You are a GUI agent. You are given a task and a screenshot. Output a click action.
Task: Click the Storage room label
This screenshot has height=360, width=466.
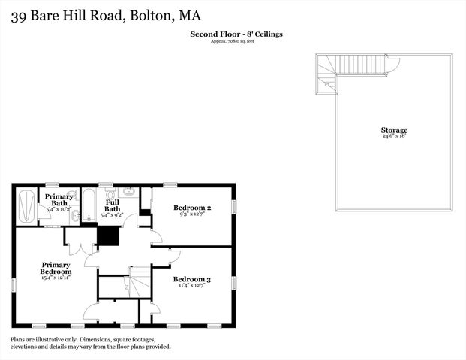pos(393,130)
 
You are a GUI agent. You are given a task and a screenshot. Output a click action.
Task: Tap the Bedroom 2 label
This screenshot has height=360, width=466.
pos(192,207)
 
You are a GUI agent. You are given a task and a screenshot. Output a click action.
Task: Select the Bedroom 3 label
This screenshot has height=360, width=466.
pos(192,279)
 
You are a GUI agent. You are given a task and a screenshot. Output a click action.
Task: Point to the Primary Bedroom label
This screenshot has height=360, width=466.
pos(56,268)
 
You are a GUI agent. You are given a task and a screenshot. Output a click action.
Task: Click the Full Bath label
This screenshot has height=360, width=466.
pos(113,205)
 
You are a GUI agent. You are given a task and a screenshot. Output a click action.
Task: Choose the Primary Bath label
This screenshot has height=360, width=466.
pos(59,199)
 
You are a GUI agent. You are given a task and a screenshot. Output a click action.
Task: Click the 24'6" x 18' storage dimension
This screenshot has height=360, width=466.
pos(393,137)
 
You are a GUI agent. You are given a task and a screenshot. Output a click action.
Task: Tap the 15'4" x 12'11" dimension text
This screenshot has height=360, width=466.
pos(56,278)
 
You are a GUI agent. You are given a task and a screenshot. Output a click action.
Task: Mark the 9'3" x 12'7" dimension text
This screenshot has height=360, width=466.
pos(192,214)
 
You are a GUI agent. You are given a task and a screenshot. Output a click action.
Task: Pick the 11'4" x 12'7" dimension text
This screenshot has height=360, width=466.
pos(192,286)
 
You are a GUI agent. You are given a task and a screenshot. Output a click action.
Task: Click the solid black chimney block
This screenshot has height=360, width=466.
pos(109,236)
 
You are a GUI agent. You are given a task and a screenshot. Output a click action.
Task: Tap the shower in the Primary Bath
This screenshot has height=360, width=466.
pos(26,205)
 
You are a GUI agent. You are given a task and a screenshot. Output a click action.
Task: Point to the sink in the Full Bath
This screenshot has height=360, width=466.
pos(129,192)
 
